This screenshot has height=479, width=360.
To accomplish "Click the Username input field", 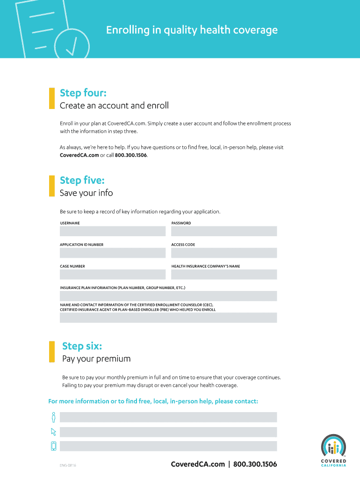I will click(113, 231).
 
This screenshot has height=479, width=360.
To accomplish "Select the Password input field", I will click(224, 231).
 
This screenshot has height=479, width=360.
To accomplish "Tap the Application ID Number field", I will click(113, 253).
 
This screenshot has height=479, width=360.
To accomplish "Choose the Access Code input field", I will click(224, 253).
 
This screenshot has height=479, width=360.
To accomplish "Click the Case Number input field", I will click(113, 275).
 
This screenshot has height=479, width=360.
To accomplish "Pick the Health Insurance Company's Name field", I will click(224, 275).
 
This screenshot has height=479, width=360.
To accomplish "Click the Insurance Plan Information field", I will click(168, 296).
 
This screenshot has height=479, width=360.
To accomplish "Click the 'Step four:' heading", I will click(83, 93).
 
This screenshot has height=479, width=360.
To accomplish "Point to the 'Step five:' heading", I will click(82, 181).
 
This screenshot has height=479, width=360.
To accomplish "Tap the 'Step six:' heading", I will click(82, 346).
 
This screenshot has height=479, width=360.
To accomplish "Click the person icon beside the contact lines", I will click(54, 417).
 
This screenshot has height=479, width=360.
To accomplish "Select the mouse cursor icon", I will click(54, 432).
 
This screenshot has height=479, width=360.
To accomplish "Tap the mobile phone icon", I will click(54, 446).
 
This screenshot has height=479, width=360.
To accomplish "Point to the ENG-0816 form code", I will click(68, 465).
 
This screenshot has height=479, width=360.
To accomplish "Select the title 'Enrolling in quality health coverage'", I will click(192, 30).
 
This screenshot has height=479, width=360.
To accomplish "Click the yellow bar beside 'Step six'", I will click(51, 351).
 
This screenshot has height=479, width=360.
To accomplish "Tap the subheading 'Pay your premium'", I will click(96, 359).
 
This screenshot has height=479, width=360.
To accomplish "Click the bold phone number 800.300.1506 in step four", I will click(130, 155).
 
